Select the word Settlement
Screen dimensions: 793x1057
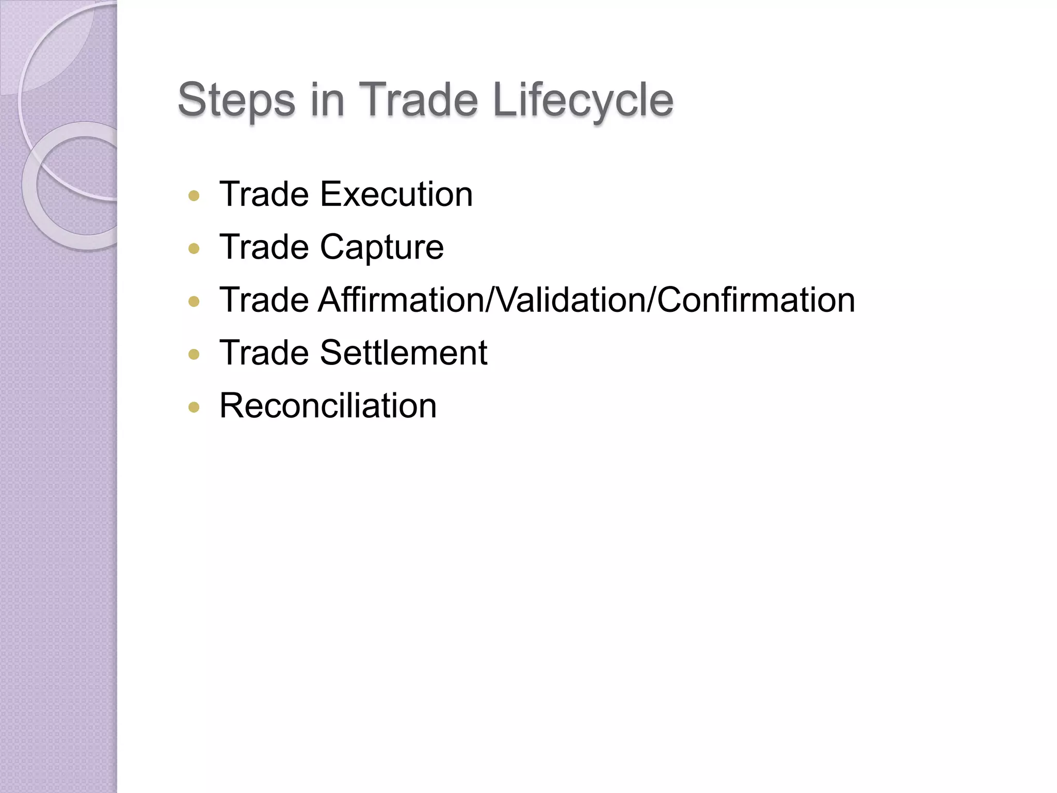[403, 353]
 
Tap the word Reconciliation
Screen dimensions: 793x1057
[328, 406]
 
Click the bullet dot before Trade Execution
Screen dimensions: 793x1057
[194, 196]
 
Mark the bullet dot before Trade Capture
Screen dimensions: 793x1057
[194, 249]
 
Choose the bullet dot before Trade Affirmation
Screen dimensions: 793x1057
[194, 302]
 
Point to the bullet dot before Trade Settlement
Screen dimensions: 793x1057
[194, 354]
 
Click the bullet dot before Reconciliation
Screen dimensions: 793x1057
[194, 407]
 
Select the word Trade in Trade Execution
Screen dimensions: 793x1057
[264, 195]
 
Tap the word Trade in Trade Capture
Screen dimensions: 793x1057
[264, 247]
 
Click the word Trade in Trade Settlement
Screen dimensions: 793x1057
[264, 353]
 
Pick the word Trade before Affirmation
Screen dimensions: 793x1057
[264, 300]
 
